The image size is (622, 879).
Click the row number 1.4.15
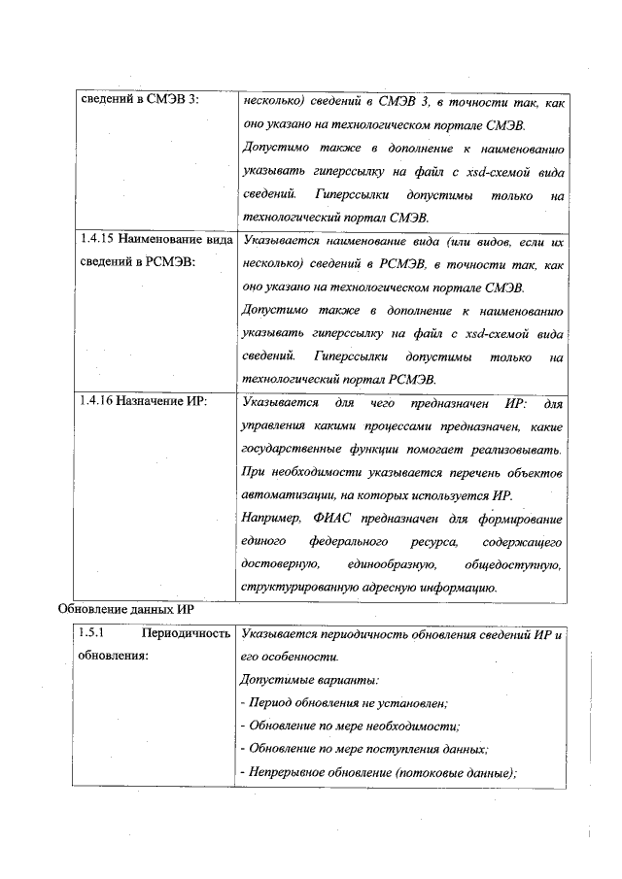96,238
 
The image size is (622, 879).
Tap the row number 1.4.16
96,401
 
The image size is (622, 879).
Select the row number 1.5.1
90,634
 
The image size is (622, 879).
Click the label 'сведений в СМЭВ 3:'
138,101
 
